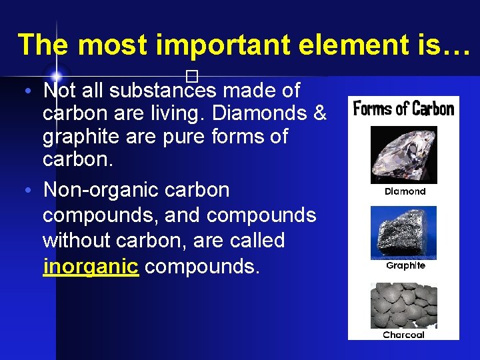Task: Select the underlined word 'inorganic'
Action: click(x=90, y=266)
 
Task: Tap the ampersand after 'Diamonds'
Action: click(x=319, y=113)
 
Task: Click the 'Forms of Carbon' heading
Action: click(x=403, y=108)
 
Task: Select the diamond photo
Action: click(x=403, y=155)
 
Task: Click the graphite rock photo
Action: click(x=403, y=232)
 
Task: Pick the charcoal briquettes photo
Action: click(x=403, y=305)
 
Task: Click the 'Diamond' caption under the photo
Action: click(x=405, y=191)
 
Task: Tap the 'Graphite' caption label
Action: click(x=405, y=265)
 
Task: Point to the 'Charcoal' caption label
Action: click(x=403, y=335)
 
